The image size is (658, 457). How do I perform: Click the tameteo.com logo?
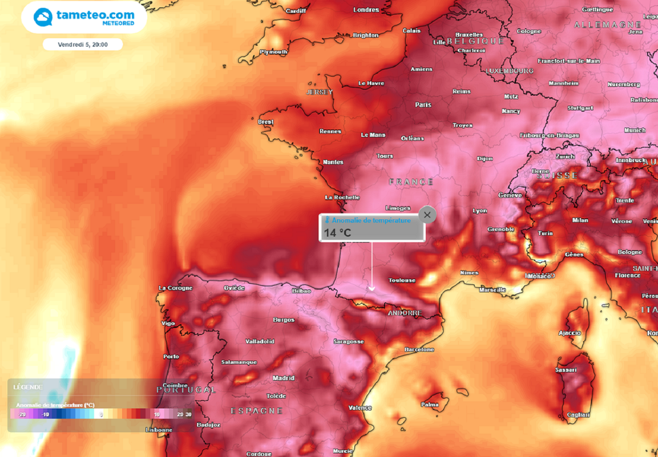coord(84,17)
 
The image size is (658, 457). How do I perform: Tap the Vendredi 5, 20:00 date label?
coord(82,45)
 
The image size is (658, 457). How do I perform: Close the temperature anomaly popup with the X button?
coord(427,215)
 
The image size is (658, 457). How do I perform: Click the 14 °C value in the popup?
coord(337,233)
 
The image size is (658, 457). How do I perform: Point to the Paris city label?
coord(423,104)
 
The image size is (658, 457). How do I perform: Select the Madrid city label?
coord(283,378)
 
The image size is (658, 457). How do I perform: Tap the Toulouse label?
coord(402,280)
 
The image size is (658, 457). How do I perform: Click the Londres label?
coord(366,10)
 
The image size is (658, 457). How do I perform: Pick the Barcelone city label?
coord(419,349)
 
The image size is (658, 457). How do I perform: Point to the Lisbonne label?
coord(159,430)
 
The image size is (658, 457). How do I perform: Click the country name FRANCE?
coord(411,182)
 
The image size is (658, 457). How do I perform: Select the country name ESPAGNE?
coord(256,410)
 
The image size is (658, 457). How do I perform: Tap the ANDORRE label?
coord(405,313)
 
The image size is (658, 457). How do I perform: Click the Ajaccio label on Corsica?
coord(569,333)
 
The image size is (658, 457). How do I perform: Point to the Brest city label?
coord(265,121)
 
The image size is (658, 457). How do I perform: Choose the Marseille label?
coord(492,290)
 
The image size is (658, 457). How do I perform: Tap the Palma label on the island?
coord(429,404)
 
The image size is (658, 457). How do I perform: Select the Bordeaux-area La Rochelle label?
coord(342,197)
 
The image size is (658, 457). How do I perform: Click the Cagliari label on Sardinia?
coord(578,415)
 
